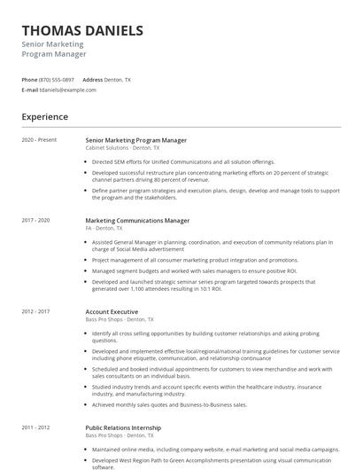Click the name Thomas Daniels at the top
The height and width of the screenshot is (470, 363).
click(x=82, y=31)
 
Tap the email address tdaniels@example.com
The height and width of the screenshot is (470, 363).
click(x=68, y=90)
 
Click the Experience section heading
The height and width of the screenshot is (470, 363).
click(x=45, y=117)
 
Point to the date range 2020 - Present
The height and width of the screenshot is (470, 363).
click(x=39, y=140)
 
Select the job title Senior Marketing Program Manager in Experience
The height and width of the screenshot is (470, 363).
click(x=135, y=140)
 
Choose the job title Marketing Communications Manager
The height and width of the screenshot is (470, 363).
click(x=137, y=220)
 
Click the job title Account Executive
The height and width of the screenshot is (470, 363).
click(x=112, y=311)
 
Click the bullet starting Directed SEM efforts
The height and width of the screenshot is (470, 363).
click(x=171, y=162)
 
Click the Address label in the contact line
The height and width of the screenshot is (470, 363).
click(x=93, y=80)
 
